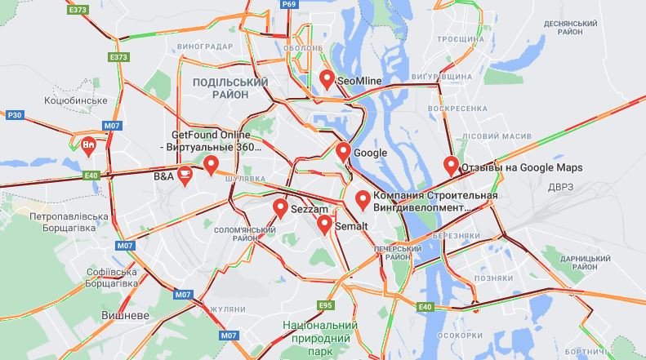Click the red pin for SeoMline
tap(327, 79)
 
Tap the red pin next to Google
tap(344, 152)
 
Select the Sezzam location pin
tap(280, 209)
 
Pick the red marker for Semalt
tap(325, 224)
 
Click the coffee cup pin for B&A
tap(185, 175)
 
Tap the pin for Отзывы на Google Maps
tap(451, 166)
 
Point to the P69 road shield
tap(288, 4)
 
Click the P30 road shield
tap(14, 116)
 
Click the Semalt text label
tap(352, 225)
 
